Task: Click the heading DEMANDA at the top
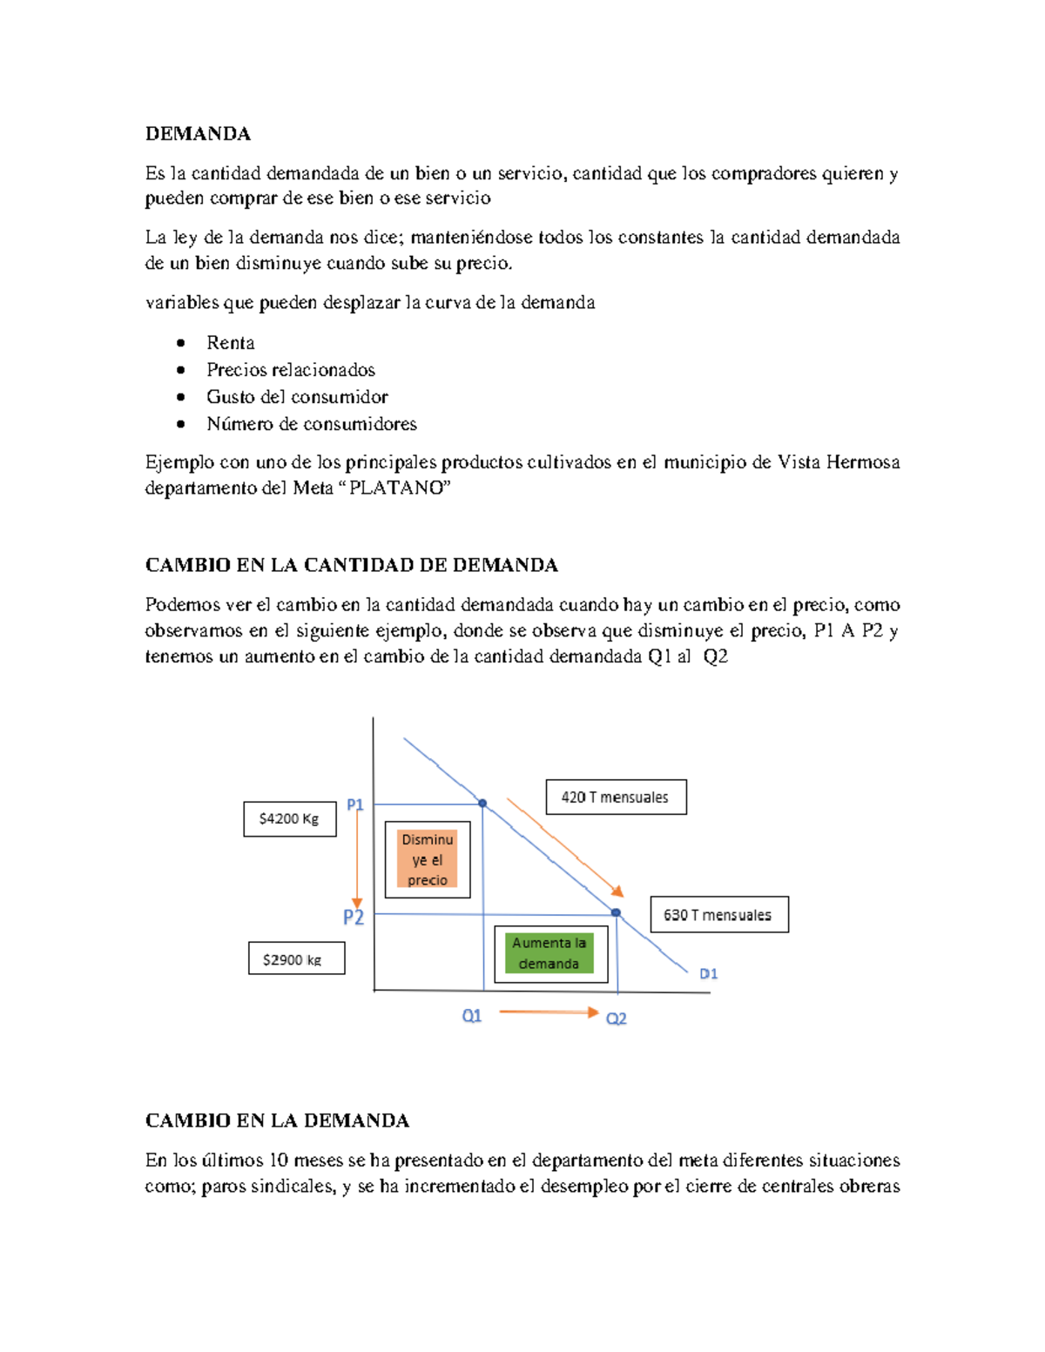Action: tap(198, 133)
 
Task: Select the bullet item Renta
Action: tap(230, 342)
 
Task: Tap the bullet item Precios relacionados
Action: tap(290, 369)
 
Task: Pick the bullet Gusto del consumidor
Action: tap(297, 396)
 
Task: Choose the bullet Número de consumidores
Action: tap(311, 423)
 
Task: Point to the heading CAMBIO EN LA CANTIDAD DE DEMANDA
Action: tap(351, 565)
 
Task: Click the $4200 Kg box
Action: tap(289, 818)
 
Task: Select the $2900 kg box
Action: tap(295, 959)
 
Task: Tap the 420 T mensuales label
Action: tap(616, 797)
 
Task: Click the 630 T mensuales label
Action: tap(718, 914)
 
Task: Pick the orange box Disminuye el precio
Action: tap(428, 859)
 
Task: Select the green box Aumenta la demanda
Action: tap(549, 953)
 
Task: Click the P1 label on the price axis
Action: tap(354, 804)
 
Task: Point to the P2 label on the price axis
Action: tap(353, 917)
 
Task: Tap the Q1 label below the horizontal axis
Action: tap(471, 1016)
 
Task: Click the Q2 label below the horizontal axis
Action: tap(616, 1018)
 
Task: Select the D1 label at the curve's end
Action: tap(708, 973)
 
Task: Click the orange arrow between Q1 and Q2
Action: tap(549, 1012)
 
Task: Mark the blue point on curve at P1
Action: tap(482, 803)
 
